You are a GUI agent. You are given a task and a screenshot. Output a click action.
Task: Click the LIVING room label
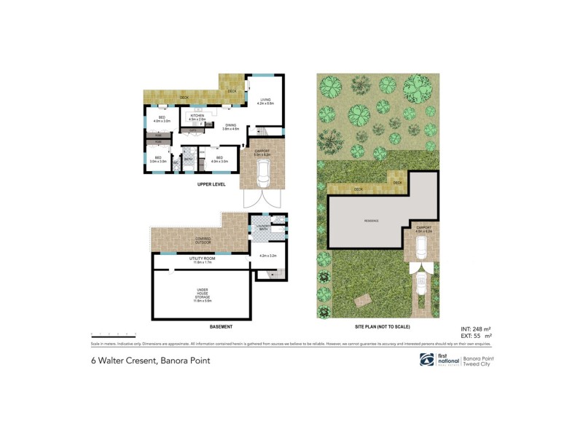pyautogui.click(x=265, y=101)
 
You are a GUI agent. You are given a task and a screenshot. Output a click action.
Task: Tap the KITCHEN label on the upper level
pyautogui.click(x=197, y=116)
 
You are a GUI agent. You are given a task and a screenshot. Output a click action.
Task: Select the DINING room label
pyautogui.click(x=230, y=126)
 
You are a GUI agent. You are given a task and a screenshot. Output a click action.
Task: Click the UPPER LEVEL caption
pyautogui.click(x=211, y=185)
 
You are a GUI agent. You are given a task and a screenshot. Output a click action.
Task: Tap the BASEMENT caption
pyautogui.click(x=220, y=326)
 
